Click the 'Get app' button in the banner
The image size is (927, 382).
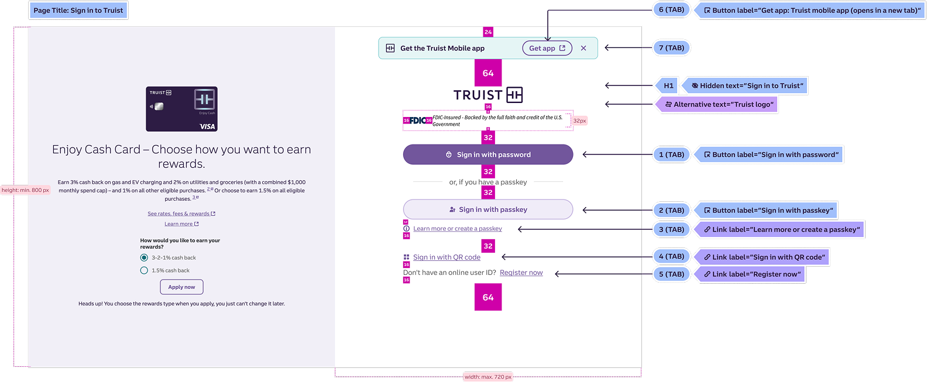pos(547,49)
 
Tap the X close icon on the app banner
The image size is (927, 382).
pos(583,49)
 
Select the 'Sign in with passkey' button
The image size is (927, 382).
pos(487,209)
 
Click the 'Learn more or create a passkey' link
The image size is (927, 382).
pos(457,229)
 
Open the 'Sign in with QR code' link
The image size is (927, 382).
pos(447,257)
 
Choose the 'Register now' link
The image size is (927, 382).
pos(521,273)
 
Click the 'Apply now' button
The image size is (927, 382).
pos(181,287)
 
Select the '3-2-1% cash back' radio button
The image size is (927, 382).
pos(144,257)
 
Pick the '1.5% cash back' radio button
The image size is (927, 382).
pos(144,270)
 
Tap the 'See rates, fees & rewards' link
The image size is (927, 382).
pos(178,214)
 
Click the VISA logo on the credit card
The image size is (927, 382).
pos(207,126)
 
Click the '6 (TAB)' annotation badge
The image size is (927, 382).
pos(671,10)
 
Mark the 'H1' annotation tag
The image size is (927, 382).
pos(668,86)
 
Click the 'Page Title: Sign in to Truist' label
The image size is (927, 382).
pos(78,11)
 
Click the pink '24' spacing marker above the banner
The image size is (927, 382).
pos(488,32)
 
